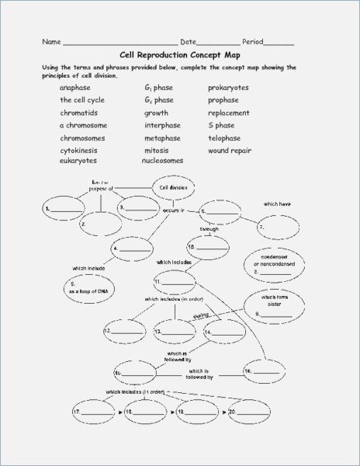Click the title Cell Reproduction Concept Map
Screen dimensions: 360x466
(179, 55)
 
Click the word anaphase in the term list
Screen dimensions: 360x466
(74, 89)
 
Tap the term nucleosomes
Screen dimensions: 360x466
(162, 160)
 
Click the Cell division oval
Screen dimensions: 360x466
(174, 187)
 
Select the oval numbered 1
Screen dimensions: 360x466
(64, 210)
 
